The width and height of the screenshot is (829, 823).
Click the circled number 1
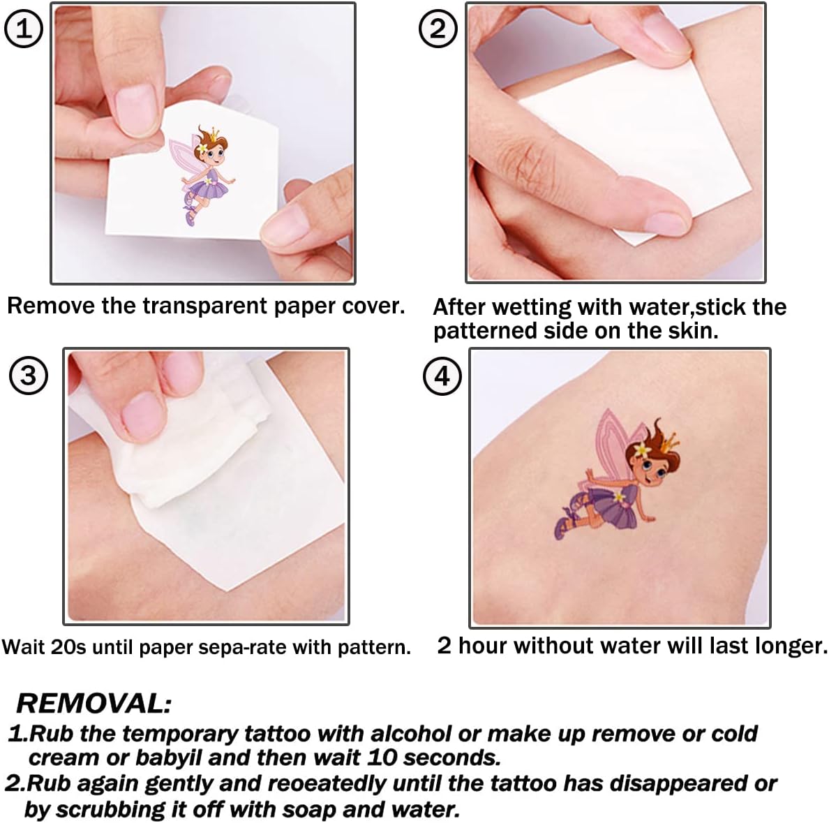click(x=23, y=29)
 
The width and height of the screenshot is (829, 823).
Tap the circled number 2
click(x=438, y=29)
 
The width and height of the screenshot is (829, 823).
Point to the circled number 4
click(x=442, y=376)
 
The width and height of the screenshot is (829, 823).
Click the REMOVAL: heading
click(x=94, y=704)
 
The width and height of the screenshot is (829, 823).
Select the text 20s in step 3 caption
click(x=68, y=647)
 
